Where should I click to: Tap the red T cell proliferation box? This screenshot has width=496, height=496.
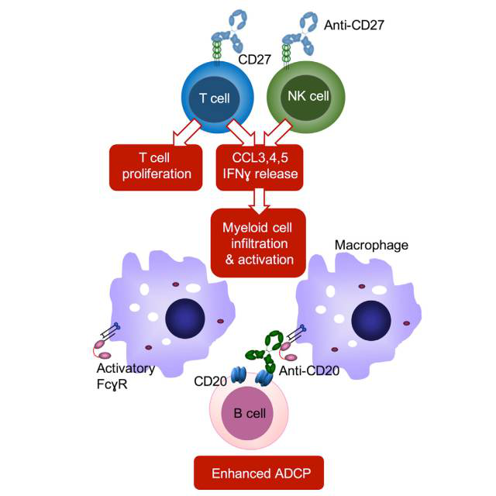point(160,166)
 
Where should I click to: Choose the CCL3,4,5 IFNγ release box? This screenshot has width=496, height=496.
point(258,166)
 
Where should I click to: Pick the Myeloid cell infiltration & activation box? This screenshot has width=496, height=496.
point(258,242)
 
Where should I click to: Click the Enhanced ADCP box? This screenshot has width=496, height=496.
point(246,470)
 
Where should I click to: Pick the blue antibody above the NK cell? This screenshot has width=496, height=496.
point(305,31)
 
